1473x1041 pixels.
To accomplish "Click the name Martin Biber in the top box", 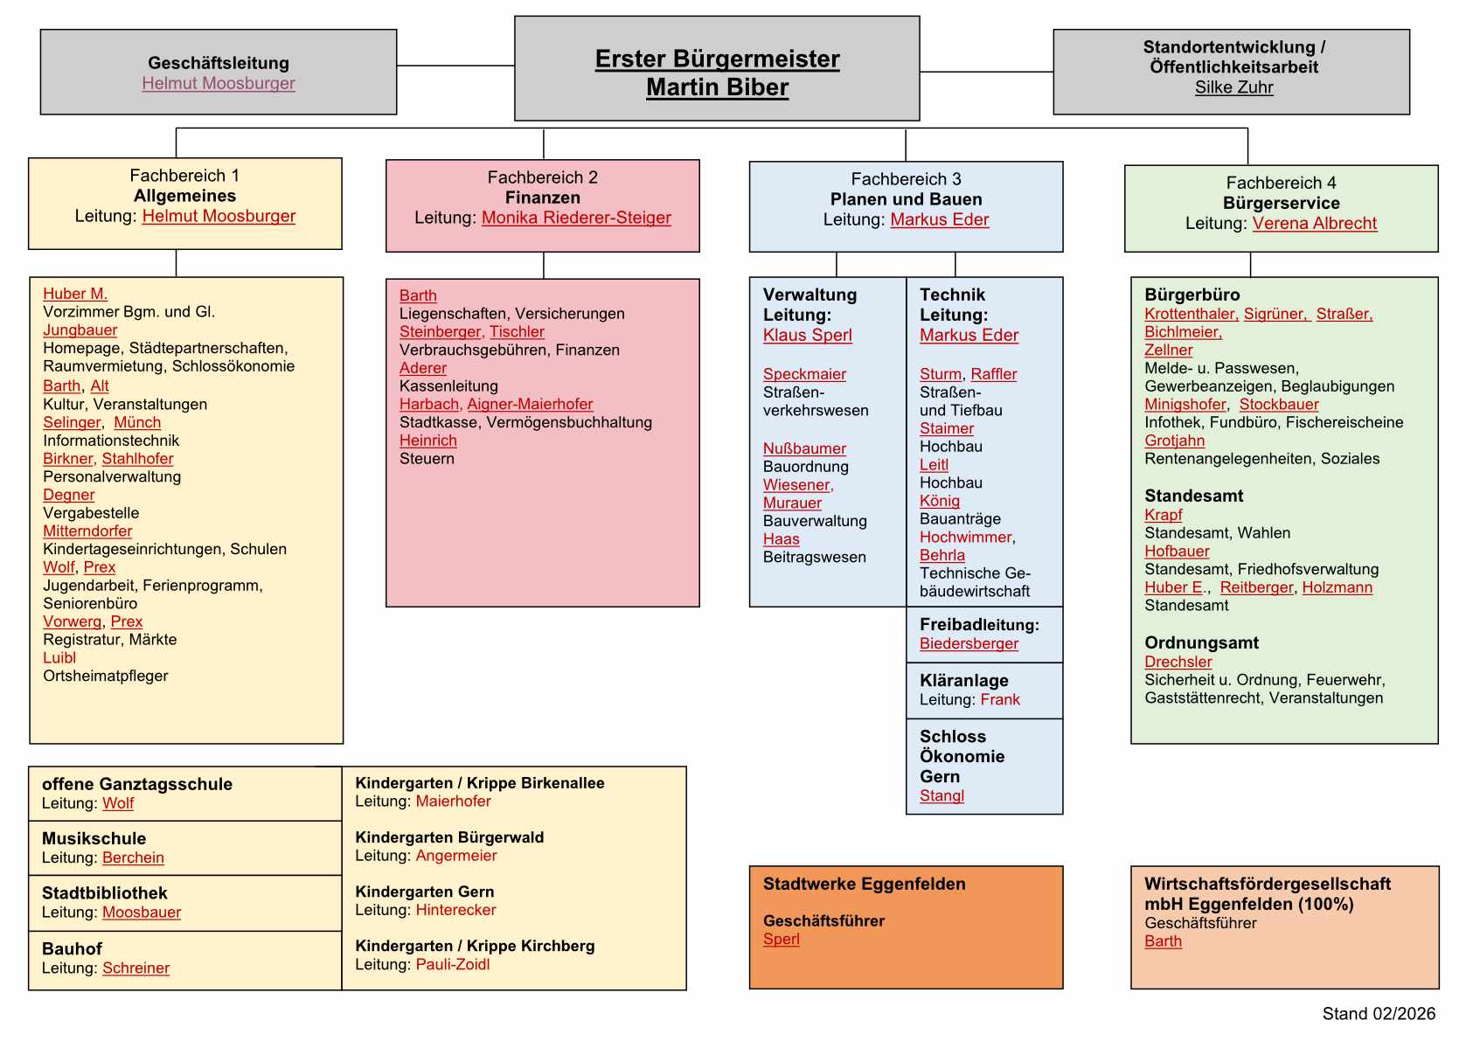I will (x=717, y=87).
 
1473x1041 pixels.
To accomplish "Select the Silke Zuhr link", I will (x=1233, y=87).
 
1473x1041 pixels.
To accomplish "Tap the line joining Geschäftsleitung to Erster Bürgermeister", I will (x=455, y=66).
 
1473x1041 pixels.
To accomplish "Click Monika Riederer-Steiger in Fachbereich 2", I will (x=576, y=218).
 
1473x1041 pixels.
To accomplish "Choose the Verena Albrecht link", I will (x=1314, y=223).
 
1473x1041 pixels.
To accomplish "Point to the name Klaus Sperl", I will (x=807, y=335).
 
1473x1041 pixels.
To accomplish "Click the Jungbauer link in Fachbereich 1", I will (x=80, y=330).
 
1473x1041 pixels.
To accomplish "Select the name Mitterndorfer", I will (x=87, y=531).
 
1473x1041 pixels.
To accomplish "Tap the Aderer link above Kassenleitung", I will (x=422, y=368).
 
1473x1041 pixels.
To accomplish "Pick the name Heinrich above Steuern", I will (x=427, y=441).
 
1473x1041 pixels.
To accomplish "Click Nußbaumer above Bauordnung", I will (x=804, y=448).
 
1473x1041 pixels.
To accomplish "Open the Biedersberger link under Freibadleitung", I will (x=969, y=643).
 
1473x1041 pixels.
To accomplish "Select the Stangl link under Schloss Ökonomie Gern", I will (x=941, y=795).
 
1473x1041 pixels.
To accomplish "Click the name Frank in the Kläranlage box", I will (x=1000, y=699).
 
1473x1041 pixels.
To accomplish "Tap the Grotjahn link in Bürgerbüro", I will (x=1174, y=441).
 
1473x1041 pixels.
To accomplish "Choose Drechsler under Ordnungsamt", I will (x=1178, y=662).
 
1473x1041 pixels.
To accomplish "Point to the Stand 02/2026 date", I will (x=1378, y=1013).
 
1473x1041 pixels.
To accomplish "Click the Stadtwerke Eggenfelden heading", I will (x=864, y=884).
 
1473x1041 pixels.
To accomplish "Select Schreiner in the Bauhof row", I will (x=135, y=968).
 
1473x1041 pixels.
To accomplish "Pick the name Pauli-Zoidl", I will (x=453, y=964).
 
